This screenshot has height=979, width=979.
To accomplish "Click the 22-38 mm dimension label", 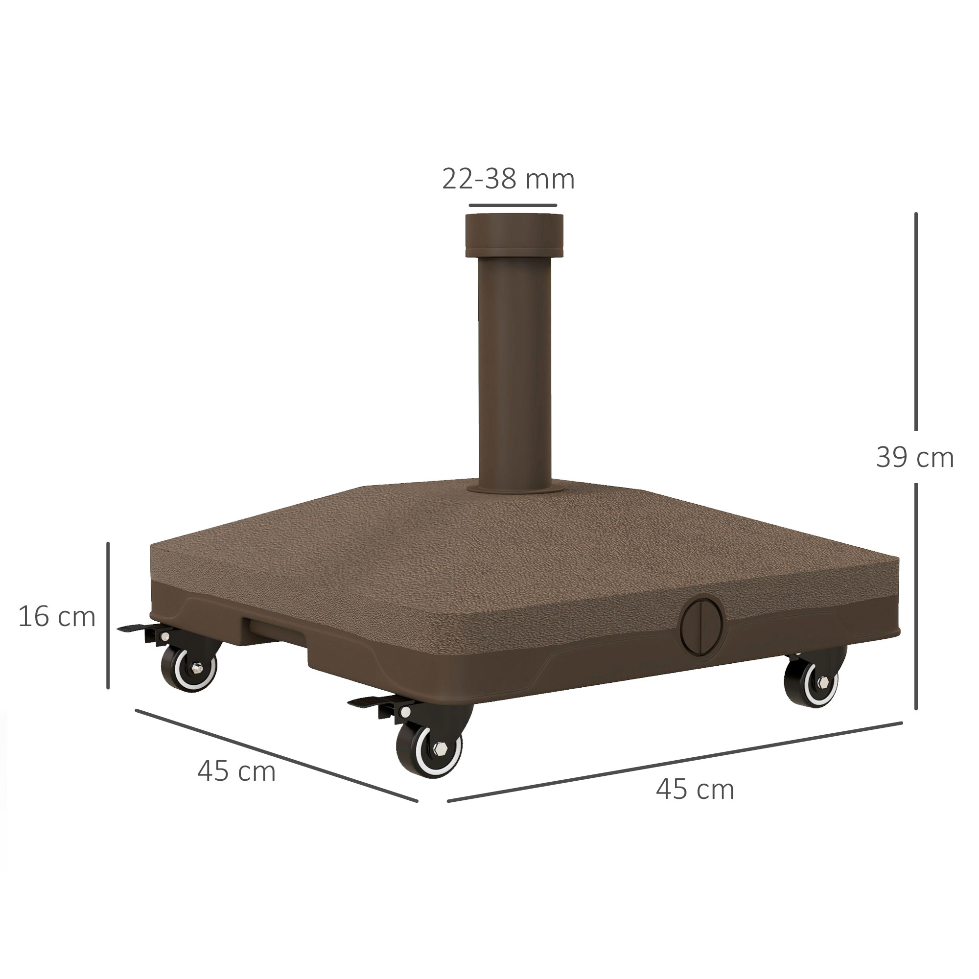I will pos(508,179).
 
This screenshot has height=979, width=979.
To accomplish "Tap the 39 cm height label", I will pos(915,458).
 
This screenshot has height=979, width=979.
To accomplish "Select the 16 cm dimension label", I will pos(57,617).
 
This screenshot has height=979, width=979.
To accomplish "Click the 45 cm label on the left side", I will pos(236,771).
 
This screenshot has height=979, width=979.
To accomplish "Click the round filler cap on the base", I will pos(701,627).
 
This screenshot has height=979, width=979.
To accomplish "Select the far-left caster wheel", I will pos(189,666).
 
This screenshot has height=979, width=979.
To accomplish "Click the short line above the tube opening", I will pos(513,205).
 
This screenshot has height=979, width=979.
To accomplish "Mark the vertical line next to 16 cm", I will pos(108,616).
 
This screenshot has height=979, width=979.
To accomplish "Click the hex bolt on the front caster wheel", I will pos(439,748).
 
